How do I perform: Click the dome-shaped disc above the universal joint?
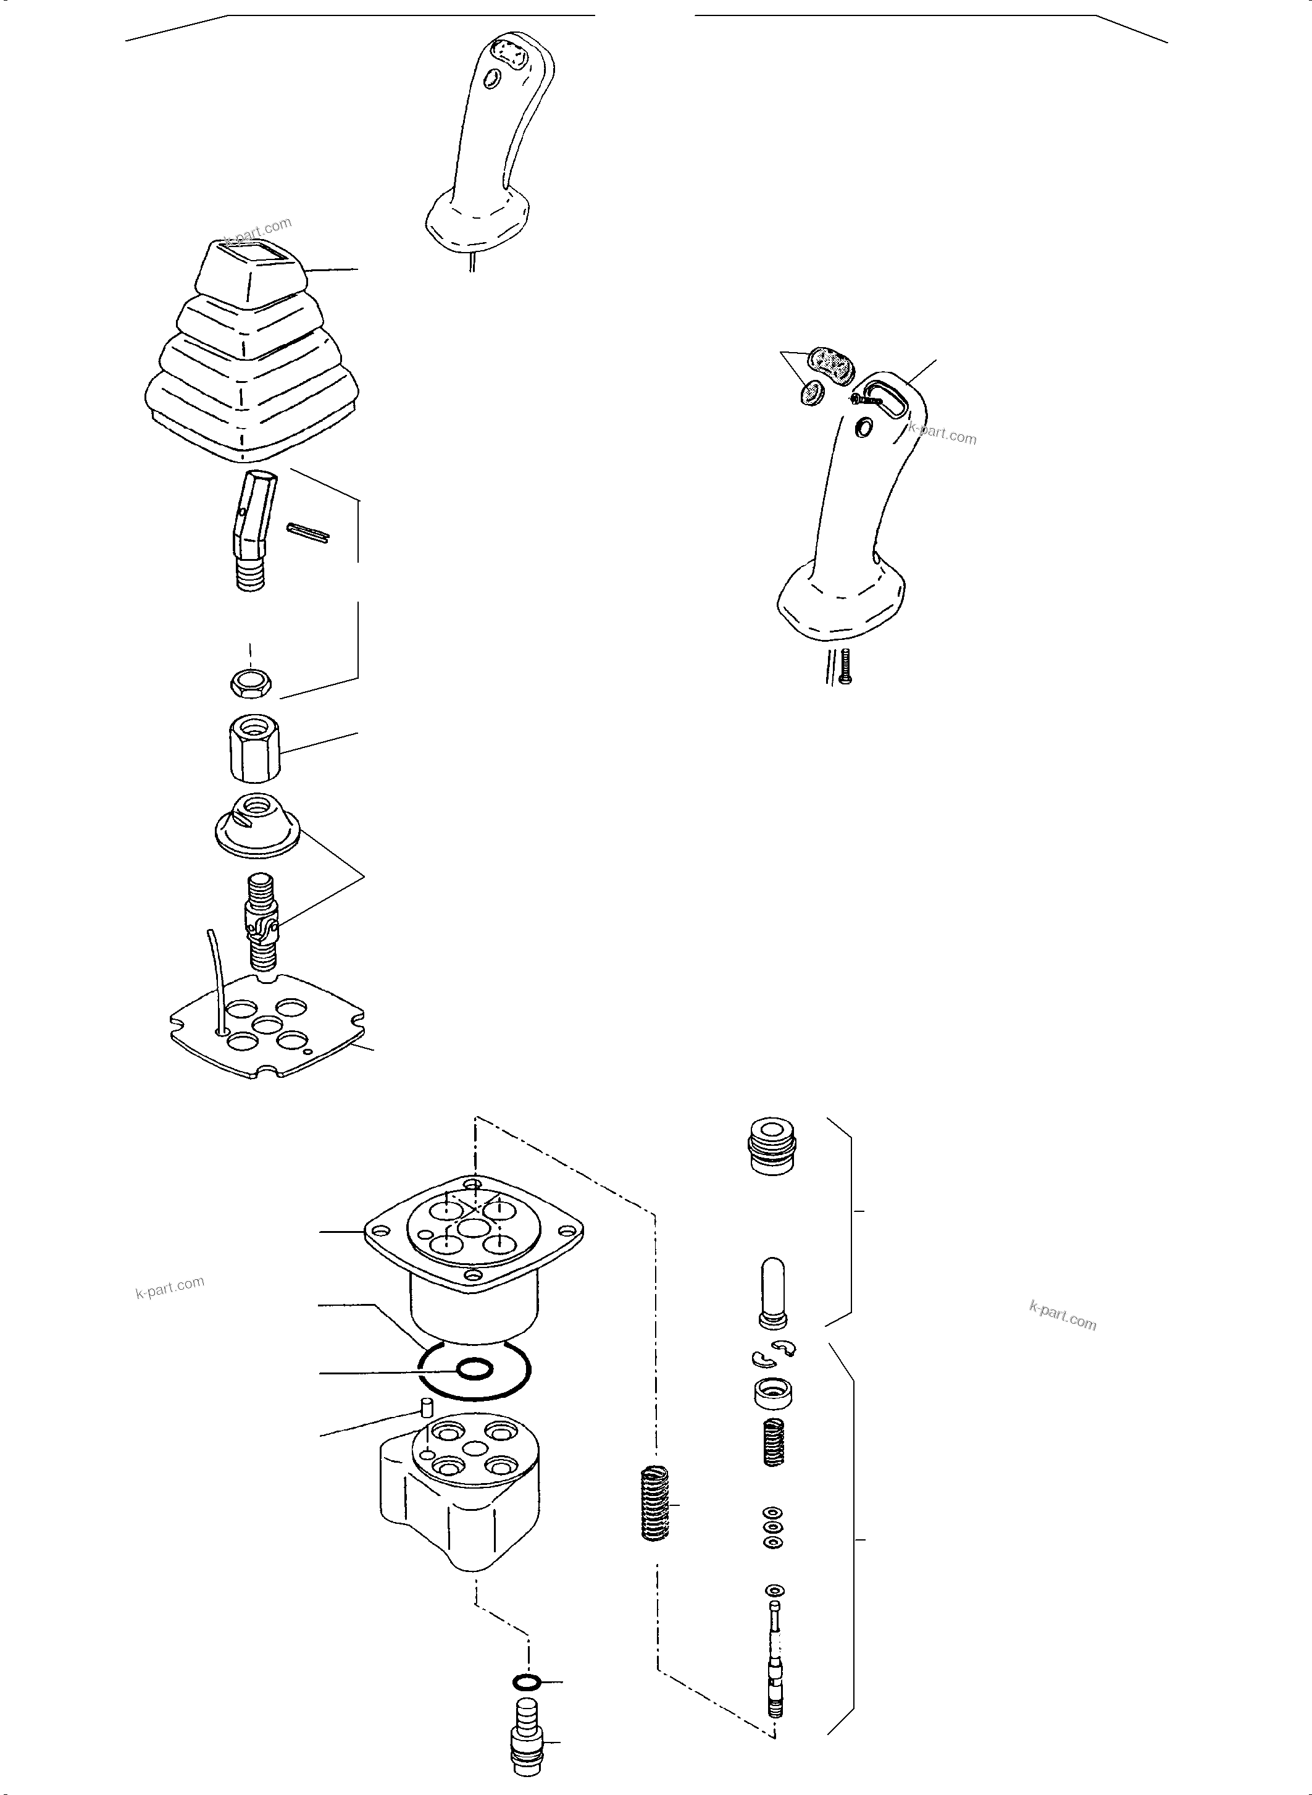256,826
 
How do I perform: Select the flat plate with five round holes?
267,1027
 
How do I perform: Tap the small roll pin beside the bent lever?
307,533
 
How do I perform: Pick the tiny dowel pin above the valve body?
425,1409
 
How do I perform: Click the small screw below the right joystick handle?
845,666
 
